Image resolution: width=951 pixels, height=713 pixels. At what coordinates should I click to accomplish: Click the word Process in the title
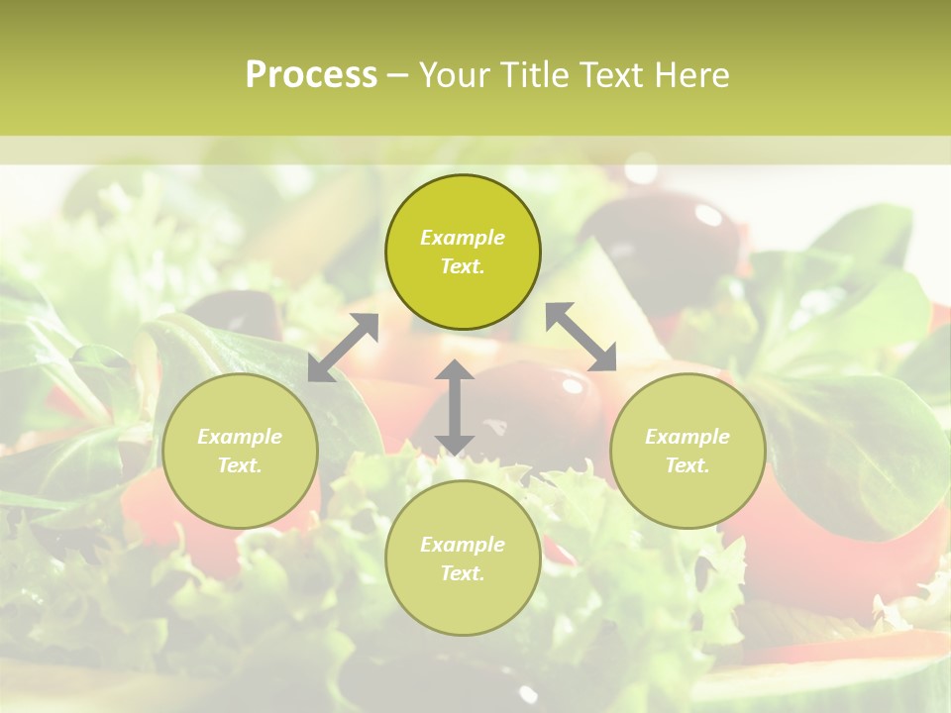click(x=311, y=75)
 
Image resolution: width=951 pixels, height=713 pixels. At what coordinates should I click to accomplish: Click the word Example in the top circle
click(x=462, y=238)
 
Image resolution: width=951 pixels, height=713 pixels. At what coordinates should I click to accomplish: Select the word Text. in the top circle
click(x=462, y=266)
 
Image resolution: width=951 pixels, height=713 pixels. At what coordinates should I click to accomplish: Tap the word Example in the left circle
click(x=240, y=437)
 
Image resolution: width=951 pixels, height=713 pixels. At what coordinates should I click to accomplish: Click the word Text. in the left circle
click(x=240, y=465)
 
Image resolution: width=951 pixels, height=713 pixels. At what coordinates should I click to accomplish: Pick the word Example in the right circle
click(x=687, y=437)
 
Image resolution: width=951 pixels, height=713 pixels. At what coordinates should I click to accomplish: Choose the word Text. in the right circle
click(x=687, y=465)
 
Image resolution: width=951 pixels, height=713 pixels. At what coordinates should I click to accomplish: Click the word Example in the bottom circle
click(x=462, y=545)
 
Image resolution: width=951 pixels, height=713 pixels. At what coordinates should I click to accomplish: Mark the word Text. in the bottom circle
click(x=462, y=573)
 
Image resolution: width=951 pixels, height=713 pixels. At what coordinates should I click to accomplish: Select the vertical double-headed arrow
click(x=454, y=408)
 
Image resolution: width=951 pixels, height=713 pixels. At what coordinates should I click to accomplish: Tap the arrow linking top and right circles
click(x=581, y=337)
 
